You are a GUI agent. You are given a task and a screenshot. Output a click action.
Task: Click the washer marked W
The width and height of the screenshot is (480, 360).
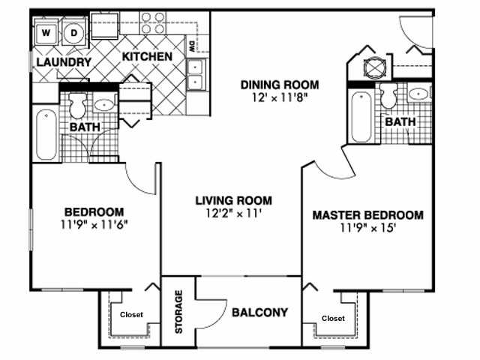pos(46,33)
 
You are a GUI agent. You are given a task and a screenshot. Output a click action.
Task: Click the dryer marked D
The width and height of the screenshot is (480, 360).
pos(74,33)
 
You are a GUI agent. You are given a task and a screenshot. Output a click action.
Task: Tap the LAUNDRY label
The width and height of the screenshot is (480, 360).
pos(63,62)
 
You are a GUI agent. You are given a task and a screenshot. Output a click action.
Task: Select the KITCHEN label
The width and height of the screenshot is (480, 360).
pos(148,57)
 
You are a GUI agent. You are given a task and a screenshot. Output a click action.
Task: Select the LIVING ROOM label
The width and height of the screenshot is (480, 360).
pos(233,201)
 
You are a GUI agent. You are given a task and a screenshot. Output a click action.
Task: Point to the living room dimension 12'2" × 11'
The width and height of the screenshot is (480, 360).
pos(233,214)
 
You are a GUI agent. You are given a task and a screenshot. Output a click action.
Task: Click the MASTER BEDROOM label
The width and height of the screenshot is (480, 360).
pos(367,215)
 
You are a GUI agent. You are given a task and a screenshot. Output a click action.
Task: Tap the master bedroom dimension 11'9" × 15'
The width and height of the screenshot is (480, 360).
pos(367,228)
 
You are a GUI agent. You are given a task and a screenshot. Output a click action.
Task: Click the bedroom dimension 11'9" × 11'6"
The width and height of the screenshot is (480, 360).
pos(94,224)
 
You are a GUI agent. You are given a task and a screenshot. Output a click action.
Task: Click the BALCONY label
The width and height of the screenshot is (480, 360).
pos(259,313)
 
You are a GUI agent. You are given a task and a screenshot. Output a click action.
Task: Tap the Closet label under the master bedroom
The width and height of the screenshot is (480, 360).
pos(334,318)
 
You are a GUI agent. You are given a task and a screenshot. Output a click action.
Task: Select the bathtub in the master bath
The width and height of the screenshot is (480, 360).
pos(360,116)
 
